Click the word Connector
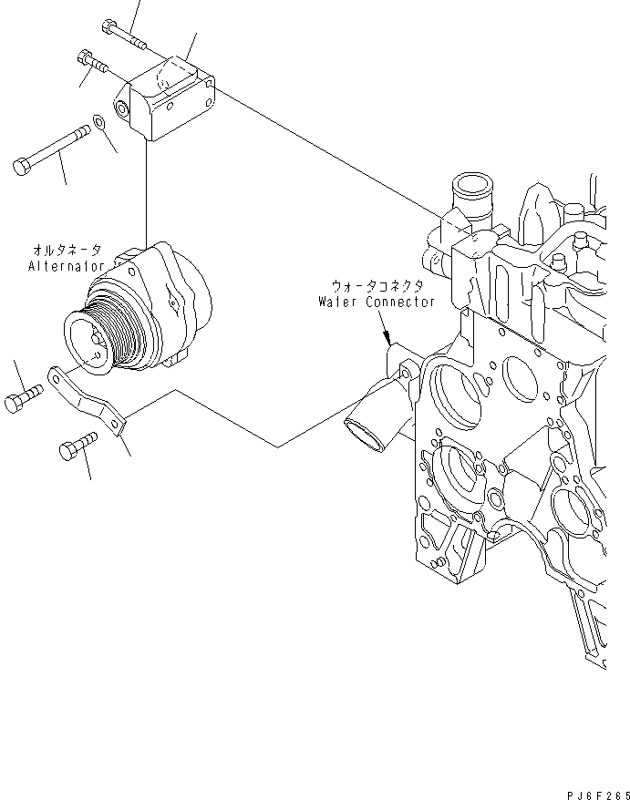click(401, 302)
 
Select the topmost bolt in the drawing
click(125, 34)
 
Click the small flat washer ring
click(98, 123)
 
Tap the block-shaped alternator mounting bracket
click(173, 102)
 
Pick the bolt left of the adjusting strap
click(25, 402)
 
